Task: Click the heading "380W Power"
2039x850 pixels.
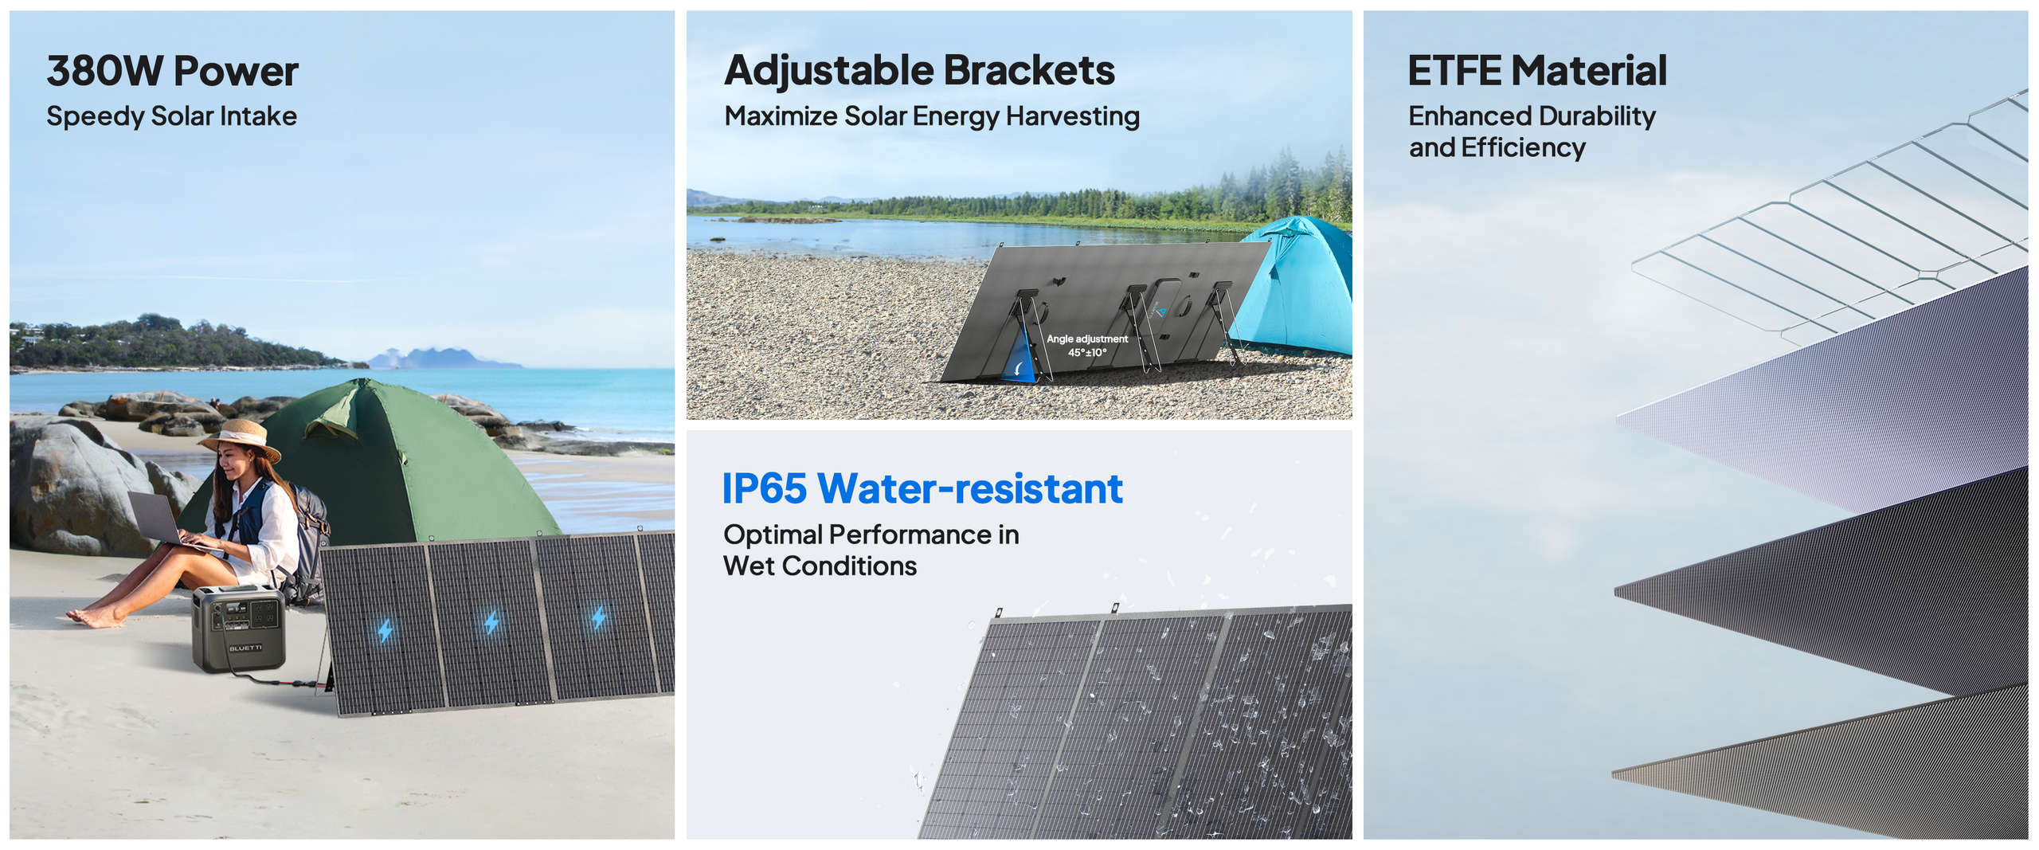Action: point(172,71)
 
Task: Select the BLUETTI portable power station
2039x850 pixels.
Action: point(238,629)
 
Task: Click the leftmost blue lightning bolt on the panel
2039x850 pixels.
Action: point(385,631)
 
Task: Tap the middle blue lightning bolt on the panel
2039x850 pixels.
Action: point(491,622)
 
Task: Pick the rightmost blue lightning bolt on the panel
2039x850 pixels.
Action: point(599,616)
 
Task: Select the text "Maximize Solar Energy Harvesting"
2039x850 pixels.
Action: point(932,116)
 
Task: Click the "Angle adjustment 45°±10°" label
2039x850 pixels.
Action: point(1087,346)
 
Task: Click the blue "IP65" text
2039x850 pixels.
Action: point(765,488)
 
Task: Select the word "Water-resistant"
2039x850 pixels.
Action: point(970,488)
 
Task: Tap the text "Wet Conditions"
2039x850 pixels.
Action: point(820,566)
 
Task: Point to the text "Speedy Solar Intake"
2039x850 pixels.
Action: point(171,116)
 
